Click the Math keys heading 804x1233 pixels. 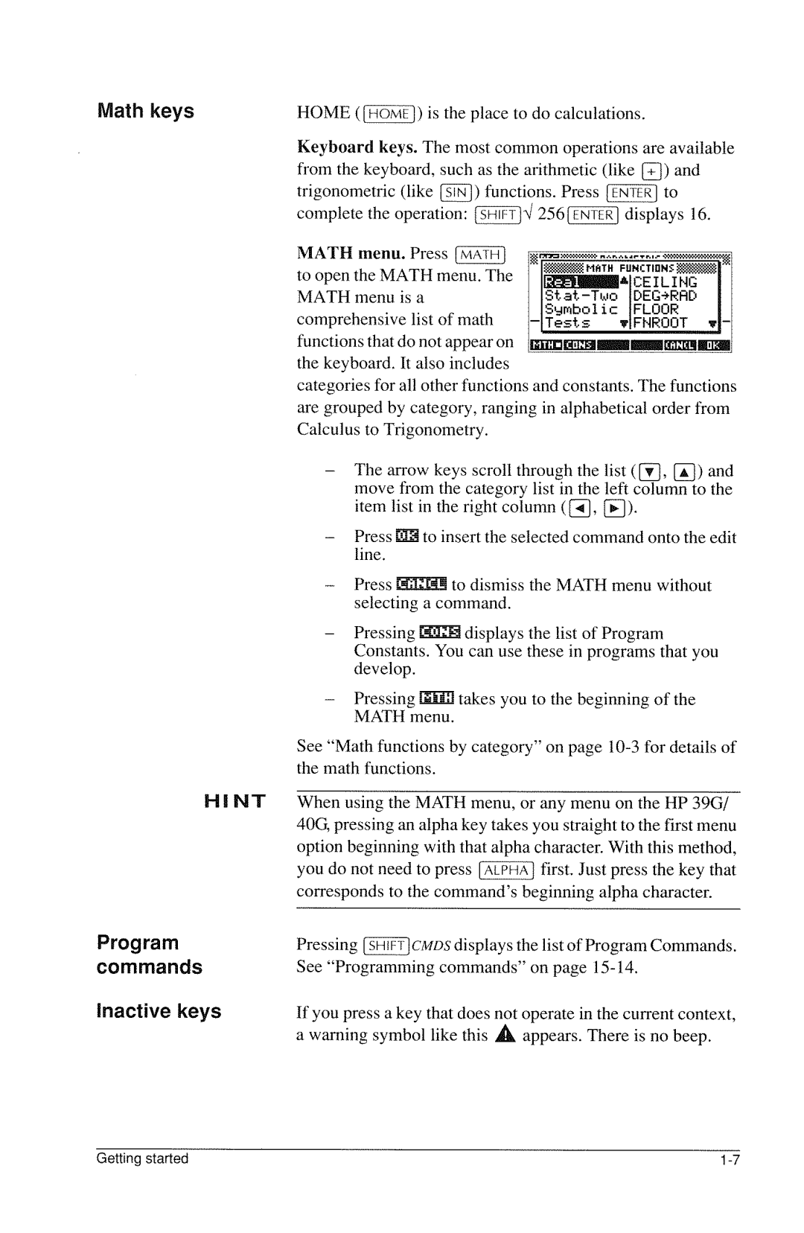pos(145,111)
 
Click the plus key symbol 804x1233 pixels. pos(651,171)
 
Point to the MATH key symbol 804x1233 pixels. pos(480,255)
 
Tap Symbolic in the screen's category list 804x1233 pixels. pos(581,309)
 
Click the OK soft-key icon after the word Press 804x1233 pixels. pos(408,537)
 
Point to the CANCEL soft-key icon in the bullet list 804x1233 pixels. pos(422,585)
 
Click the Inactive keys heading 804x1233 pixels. pos(159,1011)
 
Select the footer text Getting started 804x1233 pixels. pos(142,1159)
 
